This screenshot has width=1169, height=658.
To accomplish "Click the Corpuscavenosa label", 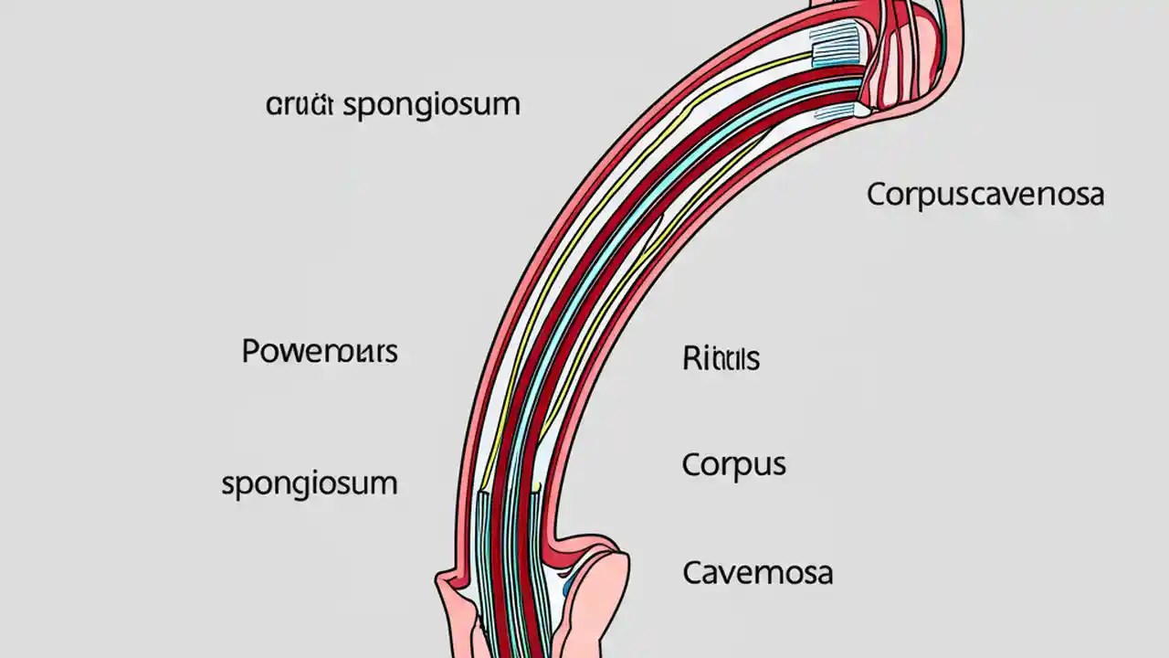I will point(985,195).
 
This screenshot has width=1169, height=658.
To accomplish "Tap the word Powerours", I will point(320,351).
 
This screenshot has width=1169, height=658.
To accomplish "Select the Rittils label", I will point(721,358).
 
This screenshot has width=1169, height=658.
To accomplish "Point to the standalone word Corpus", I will point(733,464).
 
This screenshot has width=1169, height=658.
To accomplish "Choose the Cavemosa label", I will point(757,573).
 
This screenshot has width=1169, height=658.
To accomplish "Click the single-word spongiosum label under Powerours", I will point(310,483).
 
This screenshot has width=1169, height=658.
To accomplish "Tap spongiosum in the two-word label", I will point(431,104).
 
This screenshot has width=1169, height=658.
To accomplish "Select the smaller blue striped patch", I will point(836,111).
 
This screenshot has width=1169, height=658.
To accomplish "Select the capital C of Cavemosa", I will point(693,573).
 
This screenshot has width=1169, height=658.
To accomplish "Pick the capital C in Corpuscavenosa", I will point(878,195).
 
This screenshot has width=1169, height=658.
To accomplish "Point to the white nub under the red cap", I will point(861,109).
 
